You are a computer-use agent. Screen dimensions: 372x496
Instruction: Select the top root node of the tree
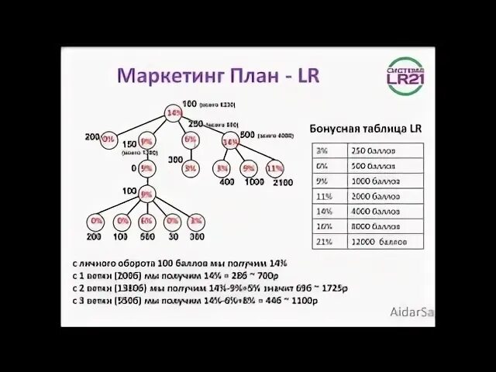pyautogui.click(x=173, y=115)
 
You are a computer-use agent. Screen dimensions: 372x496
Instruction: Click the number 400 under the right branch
pyautogui.click(x=226, y=182)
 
